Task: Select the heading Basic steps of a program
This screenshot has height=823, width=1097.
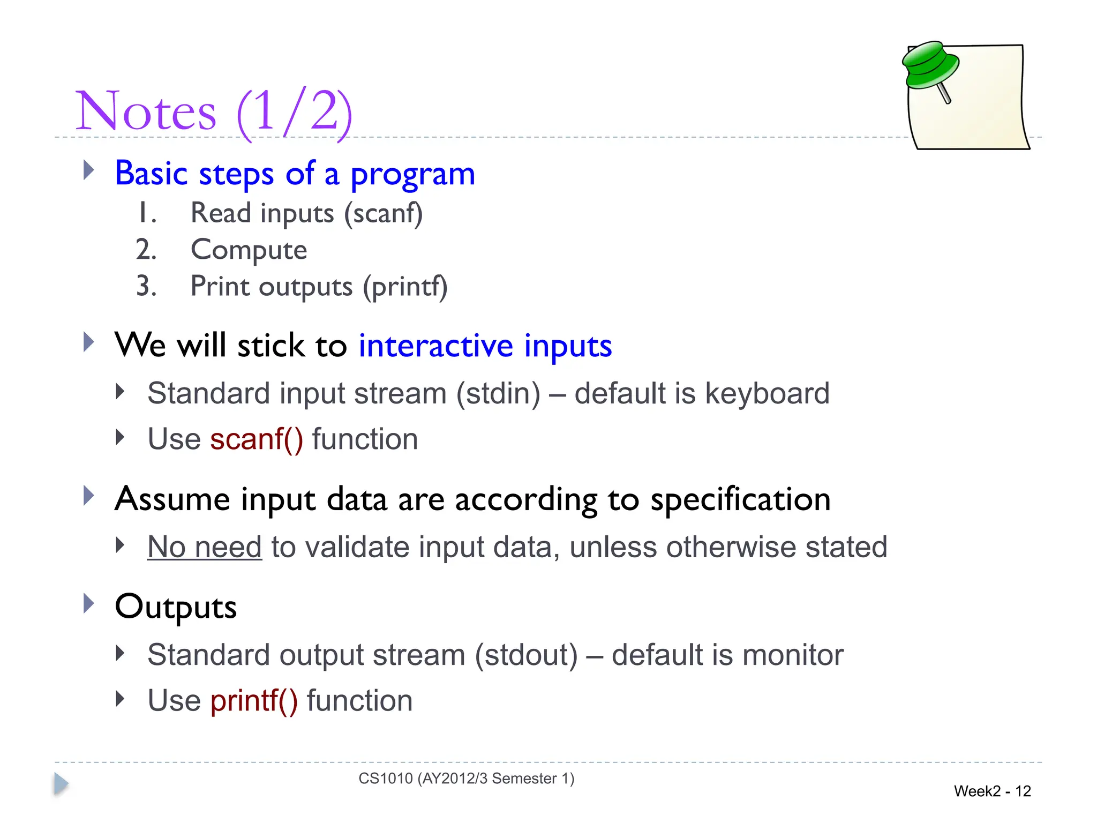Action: coord(295,174)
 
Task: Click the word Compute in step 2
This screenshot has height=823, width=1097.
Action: coord(249,250)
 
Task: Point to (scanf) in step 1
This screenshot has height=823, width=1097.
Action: coord(384,214)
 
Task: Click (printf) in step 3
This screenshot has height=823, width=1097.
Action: coord(405,287)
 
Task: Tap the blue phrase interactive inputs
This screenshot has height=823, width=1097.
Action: coord(485,346)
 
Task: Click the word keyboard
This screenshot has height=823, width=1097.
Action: coord(767,394)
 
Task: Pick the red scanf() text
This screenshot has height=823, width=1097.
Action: coord(257,440)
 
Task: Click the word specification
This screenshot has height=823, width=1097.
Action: coord(740,499)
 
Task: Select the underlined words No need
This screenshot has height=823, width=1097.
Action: coord(205,548)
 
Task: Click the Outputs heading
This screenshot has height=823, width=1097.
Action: coord(176,607)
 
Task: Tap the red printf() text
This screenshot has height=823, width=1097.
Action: coord(254,701)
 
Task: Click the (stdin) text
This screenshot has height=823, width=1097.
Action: coord(498,394)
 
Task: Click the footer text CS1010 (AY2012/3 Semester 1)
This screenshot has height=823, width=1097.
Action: coord(466,779)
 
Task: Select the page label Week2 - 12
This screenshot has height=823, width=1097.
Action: coord(992,791)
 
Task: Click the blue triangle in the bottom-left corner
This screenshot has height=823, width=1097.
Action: coord(61,784)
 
